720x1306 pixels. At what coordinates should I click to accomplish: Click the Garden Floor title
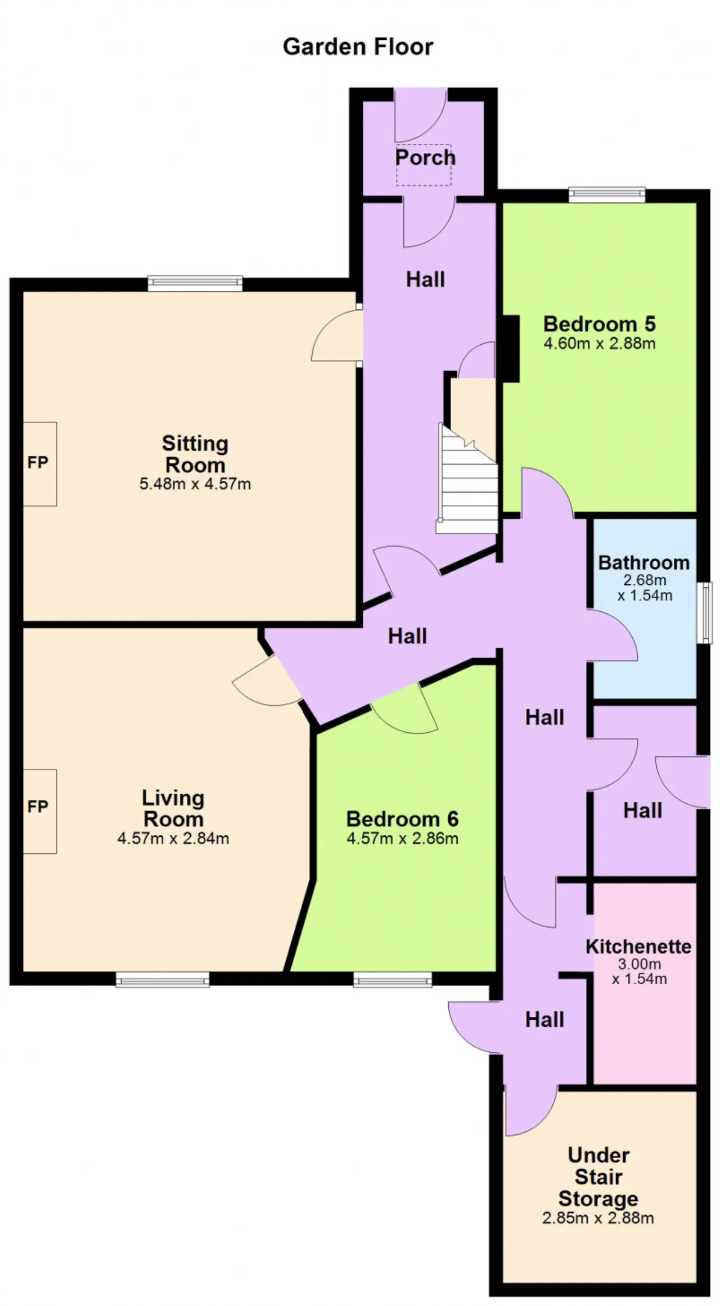pos(358,47)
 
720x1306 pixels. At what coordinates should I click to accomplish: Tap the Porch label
pos(425,157)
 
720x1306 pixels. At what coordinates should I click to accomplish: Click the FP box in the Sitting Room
pos(39,463)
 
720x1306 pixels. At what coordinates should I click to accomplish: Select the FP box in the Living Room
pos(39,811)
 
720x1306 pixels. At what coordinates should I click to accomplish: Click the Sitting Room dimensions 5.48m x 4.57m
pos(195,484)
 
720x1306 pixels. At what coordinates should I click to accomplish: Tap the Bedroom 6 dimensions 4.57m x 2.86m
pos(403,839)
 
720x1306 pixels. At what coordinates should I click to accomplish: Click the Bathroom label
pos(644,562)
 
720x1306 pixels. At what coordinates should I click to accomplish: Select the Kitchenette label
pos(639,946)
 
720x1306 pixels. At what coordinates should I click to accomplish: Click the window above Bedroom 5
pos(607,195)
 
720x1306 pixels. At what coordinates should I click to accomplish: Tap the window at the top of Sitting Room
pos(195,283)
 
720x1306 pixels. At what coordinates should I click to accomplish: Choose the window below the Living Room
pos(163,980)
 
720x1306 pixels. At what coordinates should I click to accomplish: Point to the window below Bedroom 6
pos(393,980)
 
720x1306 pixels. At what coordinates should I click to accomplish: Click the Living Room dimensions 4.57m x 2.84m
pos(173,839)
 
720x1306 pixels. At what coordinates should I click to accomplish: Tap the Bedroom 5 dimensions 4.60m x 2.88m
pos(600,344)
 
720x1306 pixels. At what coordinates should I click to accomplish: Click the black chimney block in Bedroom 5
pos(510,349)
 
